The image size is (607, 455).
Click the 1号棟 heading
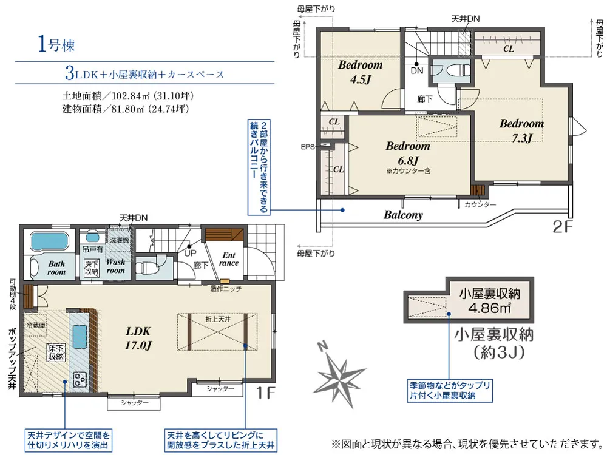pos(56,45)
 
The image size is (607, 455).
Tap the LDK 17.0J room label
pos(138,339)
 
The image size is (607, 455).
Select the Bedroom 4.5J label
pos(360,71)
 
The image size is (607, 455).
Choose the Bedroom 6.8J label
pos(407,153)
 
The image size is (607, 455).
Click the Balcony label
pos(403,215)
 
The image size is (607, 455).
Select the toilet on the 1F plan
pos(148,266)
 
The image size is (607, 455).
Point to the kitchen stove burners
pos(80,379)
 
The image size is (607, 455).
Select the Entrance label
pos(229,259)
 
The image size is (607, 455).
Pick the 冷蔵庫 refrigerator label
pos(35,325)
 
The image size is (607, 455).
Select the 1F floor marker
pos(265,393)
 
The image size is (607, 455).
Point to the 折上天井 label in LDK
pos(216,318)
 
